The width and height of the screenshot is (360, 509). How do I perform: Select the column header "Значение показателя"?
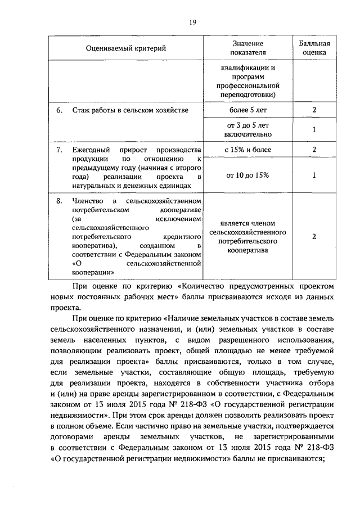coord(247,48)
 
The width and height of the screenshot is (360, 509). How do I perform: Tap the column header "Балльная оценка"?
coord(314,48)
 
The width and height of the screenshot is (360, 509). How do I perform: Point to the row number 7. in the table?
coord(58,150)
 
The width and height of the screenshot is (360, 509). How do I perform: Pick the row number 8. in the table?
coord(58,201)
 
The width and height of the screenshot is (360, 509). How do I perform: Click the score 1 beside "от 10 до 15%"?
coord(314,175)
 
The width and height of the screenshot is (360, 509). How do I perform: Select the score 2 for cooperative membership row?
coord(314,236)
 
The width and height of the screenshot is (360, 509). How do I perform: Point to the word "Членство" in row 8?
coord(86,201)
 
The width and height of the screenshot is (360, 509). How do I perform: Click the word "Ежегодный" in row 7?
coord(90,150)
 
